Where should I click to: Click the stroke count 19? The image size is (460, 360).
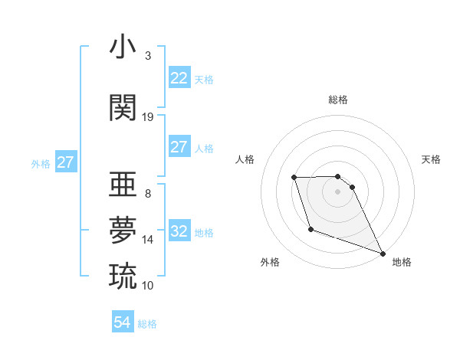click(x=148, y=117)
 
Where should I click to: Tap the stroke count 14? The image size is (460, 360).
click(x=148, y=240)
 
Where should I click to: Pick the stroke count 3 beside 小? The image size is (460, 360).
click(x=148, y=56)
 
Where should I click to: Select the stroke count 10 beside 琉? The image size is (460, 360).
click(x=148, y=285)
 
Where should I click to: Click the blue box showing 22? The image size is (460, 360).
click(x=179, y=78)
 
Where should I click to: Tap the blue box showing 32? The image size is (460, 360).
click(x=179, y=231)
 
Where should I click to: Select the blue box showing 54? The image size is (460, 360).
click(x=123, y=323)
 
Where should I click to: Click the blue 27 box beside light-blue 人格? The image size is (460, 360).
click(x=179, y=147)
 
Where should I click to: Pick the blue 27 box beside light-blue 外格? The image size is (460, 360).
click(x=66, y=162)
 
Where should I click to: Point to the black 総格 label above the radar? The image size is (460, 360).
click(x=338, y=100)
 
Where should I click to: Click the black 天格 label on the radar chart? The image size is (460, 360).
click(x=431, y=159)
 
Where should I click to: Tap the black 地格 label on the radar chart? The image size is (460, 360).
click(x=402, y=262)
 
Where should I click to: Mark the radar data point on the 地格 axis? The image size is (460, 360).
click(x=383, y=254)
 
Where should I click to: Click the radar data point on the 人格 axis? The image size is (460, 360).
click(x=294, y=178)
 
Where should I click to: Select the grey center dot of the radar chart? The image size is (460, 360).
click(x=338, y=191)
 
